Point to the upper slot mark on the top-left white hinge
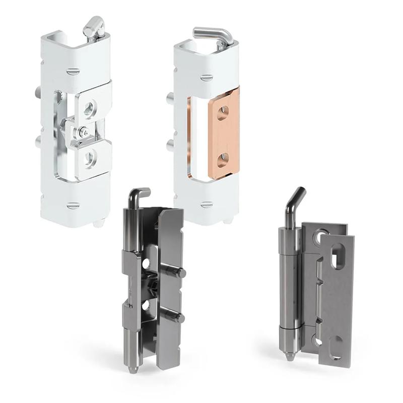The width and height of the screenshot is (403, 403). coord(73,70)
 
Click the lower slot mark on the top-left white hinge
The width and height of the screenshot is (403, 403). coord(73,205)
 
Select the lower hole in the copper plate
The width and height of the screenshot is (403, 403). coord(222,161)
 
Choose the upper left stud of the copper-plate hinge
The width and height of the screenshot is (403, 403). coord(171,97)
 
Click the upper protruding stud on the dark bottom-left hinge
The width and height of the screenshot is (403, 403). coord(178,273)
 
